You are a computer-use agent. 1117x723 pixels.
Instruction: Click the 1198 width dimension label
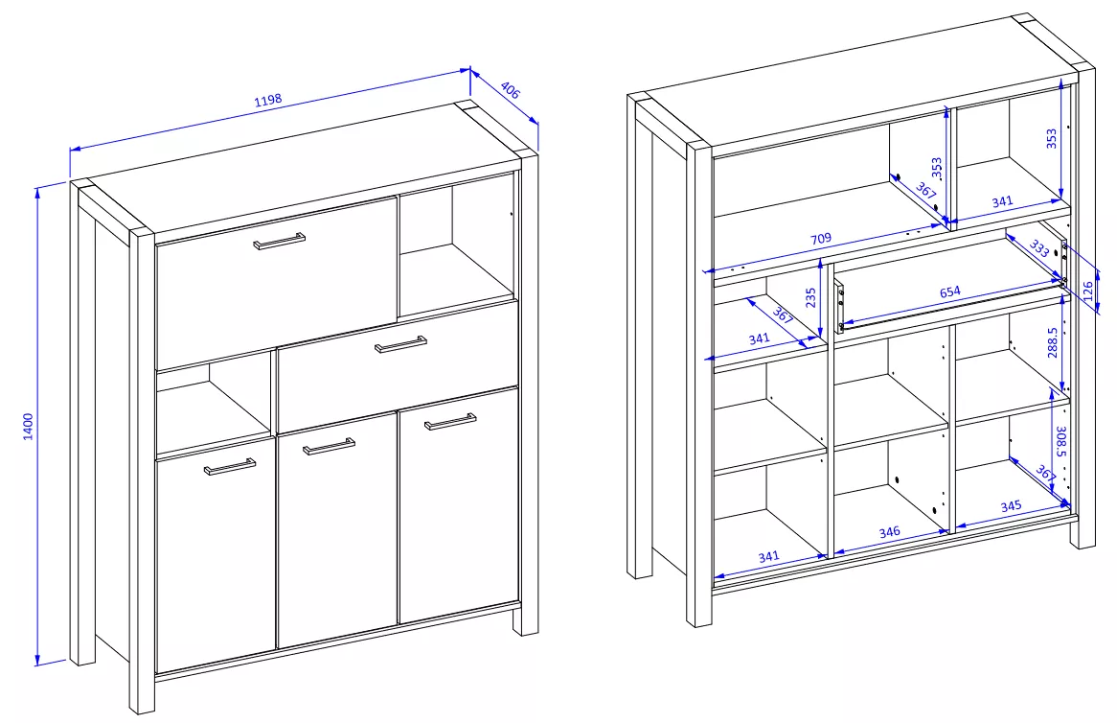click(x=268, y=102)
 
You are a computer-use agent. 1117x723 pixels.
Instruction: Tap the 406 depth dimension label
click(x=510, y=92)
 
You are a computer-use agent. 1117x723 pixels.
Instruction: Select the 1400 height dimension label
click(x=29, y=426)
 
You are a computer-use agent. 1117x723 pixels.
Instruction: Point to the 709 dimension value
click(x=820, y=238)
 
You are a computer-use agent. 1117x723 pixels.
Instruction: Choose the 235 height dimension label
click(x=810, y=298)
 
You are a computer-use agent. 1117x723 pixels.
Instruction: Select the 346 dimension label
click(x=889, y=532)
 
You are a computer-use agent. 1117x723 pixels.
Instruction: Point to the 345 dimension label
click(x=1010, y=505)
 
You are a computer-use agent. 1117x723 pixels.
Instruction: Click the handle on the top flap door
click(x=280, y=240)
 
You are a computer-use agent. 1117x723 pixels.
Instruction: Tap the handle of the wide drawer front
click(x=401, y=344)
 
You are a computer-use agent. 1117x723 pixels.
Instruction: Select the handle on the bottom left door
click(x=230, y=467)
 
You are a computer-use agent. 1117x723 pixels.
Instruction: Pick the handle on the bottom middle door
click(x=329, y=446)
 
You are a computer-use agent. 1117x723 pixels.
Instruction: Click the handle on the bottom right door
click(x=450, y=421)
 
